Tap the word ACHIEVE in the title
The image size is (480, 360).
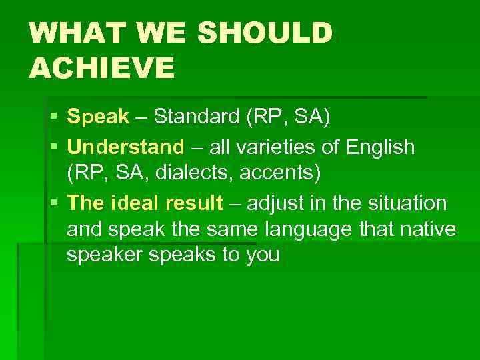pos(101,67)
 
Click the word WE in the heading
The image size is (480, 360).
pos(154,33)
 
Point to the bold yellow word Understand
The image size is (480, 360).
pos(125,147)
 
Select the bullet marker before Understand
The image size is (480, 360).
pos(53,147)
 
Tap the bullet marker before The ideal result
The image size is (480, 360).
pos(53,202)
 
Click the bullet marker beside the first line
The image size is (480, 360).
pos(53,117)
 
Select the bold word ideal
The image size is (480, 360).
pos(127,202)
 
